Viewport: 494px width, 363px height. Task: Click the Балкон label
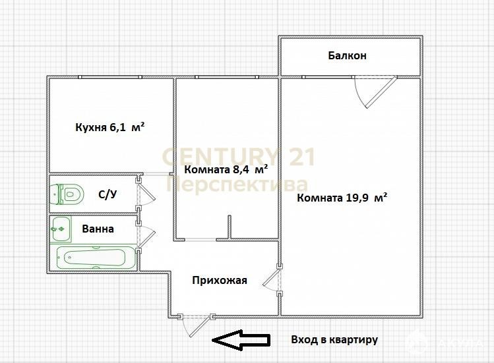[x=347, y=55]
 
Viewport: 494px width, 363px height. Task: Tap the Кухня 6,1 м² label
[x=110, y=127]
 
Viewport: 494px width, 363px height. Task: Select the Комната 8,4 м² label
[x=226, y=169]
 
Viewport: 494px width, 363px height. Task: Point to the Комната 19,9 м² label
[x=342, y=198]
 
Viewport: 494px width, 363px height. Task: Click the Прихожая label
[x=220, y=280]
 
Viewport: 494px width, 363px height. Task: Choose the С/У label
[x=108, y=194]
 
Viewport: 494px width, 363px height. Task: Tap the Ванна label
[x=98, y=229]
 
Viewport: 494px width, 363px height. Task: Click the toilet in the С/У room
[x=67, y=194]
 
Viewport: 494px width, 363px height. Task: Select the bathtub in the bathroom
[x=96, y=258]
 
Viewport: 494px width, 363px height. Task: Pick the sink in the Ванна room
[x=61, y=229]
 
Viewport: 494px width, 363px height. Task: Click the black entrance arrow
[x=241, y=340]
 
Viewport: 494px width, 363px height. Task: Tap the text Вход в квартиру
[x=334, y=340]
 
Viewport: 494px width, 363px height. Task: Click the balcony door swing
[x=375, y=92]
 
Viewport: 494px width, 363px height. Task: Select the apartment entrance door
[x=196, y=325]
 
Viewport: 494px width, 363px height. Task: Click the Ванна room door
[x=145, y=236]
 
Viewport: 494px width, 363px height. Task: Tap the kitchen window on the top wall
[x=110, y=77]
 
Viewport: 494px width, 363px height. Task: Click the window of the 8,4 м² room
[x=226, y=77]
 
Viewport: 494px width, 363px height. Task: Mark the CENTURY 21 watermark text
[x=239, y=157]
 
